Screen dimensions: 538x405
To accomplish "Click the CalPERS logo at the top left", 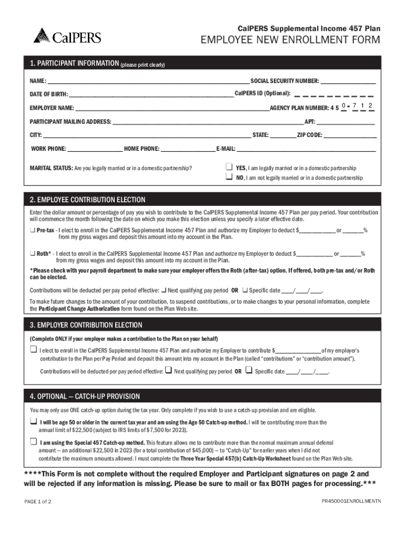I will pyautogui.click(x=67, y=36).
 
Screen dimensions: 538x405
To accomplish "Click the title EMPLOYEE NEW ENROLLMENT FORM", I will pyautogui.click(x=289, y=42).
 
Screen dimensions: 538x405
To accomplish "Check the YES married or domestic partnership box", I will pyautogui.click(x=229, y=167).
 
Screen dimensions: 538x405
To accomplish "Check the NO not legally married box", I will pyautogui.click(x=229, y=178).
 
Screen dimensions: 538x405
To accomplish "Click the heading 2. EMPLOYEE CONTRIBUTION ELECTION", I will pyautogui.click(x=88, y=200).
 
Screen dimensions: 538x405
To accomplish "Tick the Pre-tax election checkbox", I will pyautogui.click(x=33, y=230).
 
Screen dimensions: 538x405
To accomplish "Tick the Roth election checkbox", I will pyautogui.click(x=33, y=253).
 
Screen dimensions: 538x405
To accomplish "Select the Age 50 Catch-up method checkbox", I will pyautogui.click(x=33, y=422).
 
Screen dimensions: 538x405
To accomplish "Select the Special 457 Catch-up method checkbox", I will pyautogui.click(x=33, y=442).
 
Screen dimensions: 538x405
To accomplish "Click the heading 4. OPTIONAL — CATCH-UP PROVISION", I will pyautogui.click(x=85, y=396).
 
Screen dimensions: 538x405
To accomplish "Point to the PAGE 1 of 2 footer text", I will pyautogui.click(x=38, y=501).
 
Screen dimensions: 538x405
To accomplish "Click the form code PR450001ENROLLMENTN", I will pyautogui.click(x=351, y=501).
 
